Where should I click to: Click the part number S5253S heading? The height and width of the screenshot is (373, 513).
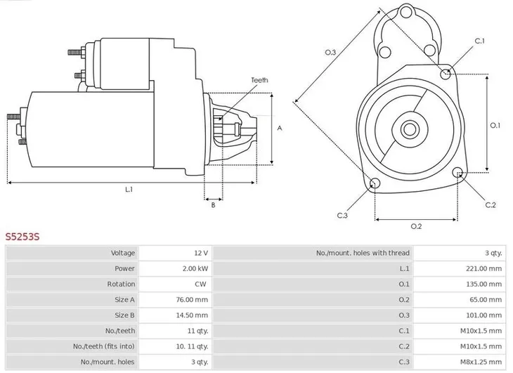coord(22,237)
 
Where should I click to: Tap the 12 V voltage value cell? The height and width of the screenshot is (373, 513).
coord(200,253)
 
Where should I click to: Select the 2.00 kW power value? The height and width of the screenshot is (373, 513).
coord(195,268)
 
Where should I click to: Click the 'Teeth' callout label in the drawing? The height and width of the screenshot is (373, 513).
coord(259,81)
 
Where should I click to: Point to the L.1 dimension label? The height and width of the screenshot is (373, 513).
coord(129,190)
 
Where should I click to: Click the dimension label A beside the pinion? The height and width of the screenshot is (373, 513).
coord(280,128)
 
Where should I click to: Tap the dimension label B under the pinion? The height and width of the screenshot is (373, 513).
coord(213,205)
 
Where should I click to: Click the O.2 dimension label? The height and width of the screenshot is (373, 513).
coord(415,226)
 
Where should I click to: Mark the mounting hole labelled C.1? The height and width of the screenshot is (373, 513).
coord(446,73)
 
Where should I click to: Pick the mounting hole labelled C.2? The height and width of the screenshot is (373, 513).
coord(460,174)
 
